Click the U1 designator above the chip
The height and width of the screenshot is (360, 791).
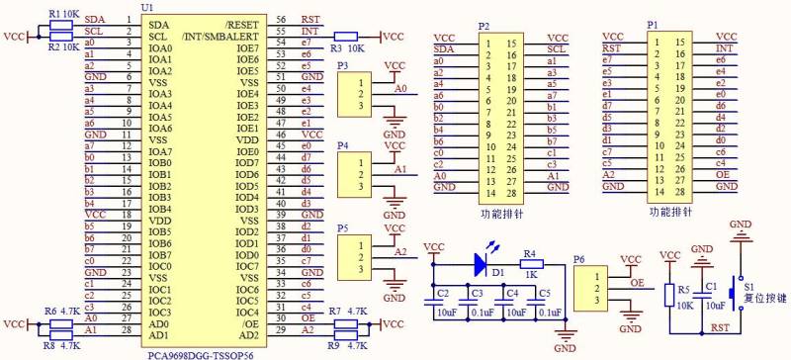(147, 8)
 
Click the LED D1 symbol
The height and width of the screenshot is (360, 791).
(483, 263)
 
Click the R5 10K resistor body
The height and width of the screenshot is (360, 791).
(669, 291)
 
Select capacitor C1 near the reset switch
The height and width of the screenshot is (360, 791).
(702, 286)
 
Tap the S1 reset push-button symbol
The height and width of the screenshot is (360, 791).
(735, 293)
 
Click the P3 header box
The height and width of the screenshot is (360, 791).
(354, 94)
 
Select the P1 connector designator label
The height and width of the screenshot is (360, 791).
(652, 24)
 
